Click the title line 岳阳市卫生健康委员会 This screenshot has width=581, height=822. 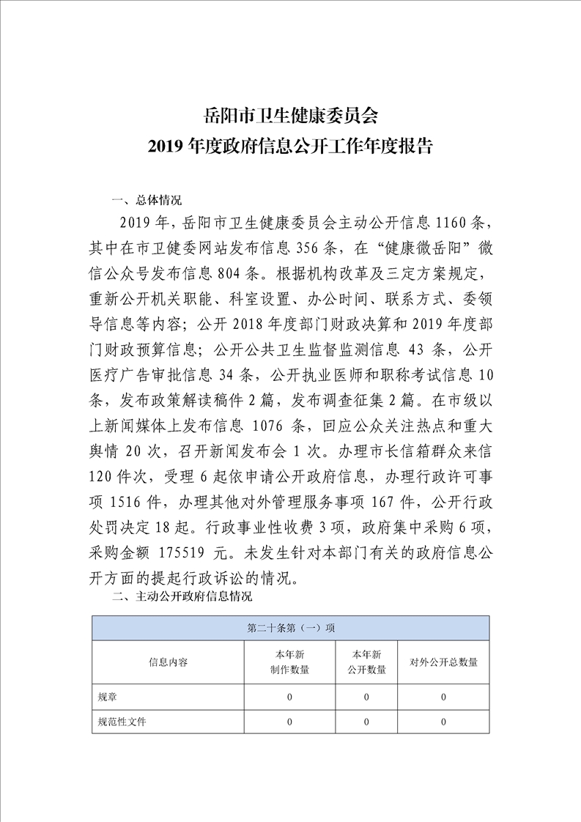(x=290, y=116)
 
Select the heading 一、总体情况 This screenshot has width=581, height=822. (x=146, y=200)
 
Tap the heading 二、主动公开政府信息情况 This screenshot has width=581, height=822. (x=182, y=597)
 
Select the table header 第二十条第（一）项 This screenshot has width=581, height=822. (x=290, y=629)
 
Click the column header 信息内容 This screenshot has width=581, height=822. (x=168, y=662)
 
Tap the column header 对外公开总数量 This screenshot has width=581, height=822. (x=443, y=662)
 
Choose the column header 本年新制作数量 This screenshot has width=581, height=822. (x=289, y=662)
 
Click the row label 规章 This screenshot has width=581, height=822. (x=107, y=697)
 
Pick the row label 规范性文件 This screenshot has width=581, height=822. (x=122, y=722)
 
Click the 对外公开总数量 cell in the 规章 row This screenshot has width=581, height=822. (x=443, y=697)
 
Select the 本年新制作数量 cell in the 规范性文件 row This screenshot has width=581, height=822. (x=289, y=722)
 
